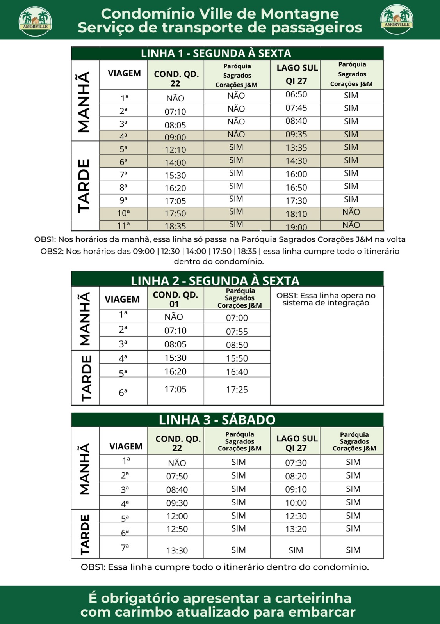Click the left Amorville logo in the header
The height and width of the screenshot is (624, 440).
pos(35,20)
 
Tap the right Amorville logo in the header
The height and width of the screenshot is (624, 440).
pos(397,19)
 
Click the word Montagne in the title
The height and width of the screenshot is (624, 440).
pos(299,14)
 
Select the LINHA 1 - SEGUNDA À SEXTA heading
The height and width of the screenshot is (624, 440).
pos(216,53)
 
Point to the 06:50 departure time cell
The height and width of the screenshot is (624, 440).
pos(296,95)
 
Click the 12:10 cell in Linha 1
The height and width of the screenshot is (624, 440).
pos(175,150)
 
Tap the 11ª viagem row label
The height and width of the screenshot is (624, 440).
pos(123,226)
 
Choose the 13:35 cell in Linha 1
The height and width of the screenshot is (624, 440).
pos(296,148)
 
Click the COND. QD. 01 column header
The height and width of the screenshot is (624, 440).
pos(175,299)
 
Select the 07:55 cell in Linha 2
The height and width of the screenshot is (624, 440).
pos(237,331)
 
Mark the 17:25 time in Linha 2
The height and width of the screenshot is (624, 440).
pos(237,390)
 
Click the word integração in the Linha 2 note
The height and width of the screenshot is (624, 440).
pos(347,303)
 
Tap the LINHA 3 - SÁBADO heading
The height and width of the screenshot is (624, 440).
pos(217,420)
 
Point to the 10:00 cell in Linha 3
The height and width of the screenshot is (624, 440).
pos(296,503)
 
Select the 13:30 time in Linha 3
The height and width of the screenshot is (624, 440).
pos(177,550)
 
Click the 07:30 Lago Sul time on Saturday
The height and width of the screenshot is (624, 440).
pos(296,463)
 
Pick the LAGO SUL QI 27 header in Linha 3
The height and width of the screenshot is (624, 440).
pos(297,443)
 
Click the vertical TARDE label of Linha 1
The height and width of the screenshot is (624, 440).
pos(84,186)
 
